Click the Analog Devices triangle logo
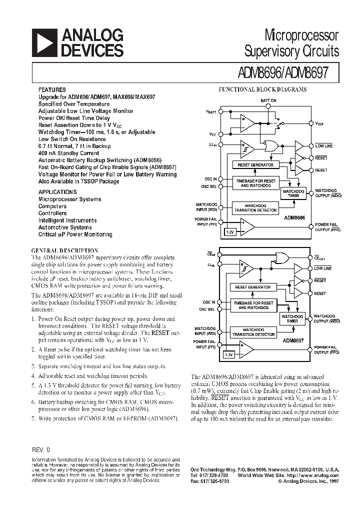pos(44,42)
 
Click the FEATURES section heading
pos(52,90)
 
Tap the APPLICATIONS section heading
pos(58,191)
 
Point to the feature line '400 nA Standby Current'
pos(69,153)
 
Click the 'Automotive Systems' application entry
pos(65,227)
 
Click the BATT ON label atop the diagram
pos(268,100)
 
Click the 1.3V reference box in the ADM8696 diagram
pos(229,232)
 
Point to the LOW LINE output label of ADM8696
pos(323,146)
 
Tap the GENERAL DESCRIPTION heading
pos(65,250)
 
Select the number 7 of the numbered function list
pos(33,417)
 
